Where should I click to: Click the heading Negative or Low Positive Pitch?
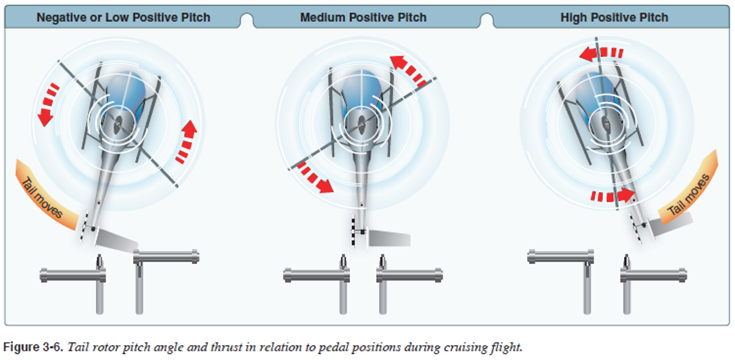[x=123, y=17]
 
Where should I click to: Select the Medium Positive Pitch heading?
[x=363, y=17]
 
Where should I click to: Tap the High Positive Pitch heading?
[x=614, y=17]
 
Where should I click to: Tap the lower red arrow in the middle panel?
[x=315, y=178]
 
